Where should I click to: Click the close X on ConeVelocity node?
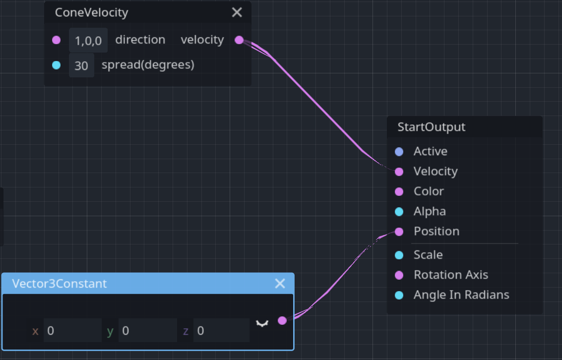coord(237,12)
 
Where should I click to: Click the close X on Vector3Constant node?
coord(280,283)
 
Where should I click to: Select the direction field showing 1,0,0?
coord(88,41)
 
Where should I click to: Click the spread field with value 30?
coord(81,65)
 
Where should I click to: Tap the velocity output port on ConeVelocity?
coord(239,40)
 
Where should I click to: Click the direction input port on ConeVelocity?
coord(57,40)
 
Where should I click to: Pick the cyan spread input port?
coord(57,65)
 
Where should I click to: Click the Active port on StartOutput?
coord(399,152)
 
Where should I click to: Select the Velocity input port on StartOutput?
coord(399,172)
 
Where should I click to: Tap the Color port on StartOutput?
coord(399,191)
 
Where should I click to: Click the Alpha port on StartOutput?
coord(399,212)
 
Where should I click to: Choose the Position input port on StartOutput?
coord(399,232)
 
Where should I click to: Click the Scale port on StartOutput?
coord(399,255)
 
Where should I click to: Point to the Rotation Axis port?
coord(399,275)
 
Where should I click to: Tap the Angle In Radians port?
coord(399,295)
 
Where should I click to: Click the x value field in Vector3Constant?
coord(72,331)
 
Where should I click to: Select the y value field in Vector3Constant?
coord(147,331)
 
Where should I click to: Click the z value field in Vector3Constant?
coord(221,331)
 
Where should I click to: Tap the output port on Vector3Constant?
coord(282,320)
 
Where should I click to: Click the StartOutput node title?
coord(432,127)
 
